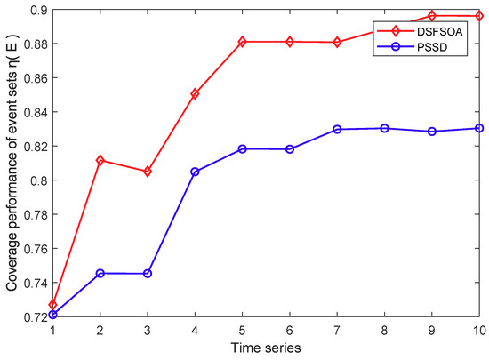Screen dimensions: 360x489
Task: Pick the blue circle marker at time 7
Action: (338, 130)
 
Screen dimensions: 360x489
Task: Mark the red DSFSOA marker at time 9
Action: (432, 16)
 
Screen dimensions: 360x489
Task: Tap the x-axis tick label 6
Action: (290, 331)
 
